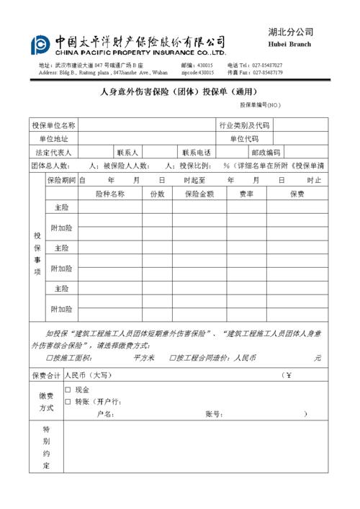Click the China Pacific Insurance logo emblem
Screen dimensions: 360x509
point(40,45)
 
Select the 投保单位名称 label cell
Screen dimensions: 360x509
point(53,125)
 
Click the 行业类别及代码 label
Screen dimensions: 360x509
point(244,125)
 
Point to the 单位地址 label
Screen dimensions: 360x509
point(53,139)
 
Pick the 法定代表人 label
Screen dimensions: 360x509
point(53,153)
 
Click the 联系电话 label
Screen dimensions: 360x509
point(197,153)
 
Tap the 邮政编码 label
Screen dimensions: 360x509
point(265,153)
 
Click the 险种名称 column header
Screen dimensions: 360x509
point(109,194)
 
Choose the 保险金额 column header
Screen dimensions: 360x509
point(199,194)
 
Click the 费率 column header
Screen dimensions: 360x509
point(246,194)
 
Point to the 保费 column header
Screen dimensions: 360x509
point(297,194)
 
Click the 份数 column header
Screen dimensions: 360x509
point(157,194)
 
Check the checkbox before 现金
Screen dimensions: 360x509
point(68,390)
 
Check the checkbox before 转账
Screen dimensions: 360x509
point(68,402)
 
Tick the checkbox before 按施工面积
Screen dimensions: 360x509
point(49,358)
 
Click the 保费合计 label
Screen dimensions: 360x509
point(46,375)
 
